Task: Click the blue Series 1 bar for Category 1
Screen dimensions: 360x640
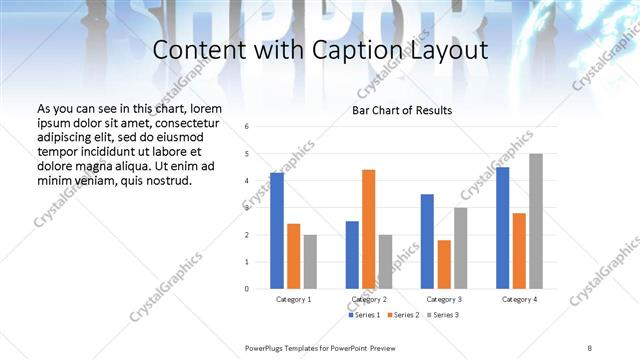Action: click(x=277, y=230)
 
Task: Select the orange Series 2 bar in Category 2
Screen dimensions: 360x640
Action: click(x=368, y=229)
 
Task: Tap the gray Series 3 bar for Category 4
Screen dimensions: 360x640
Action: click(x=536, y=221)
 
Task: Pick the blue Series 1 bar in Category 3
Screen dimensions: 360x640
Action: click(x=427, y=241)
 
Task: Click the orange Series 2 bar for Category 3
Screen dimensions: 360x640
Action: click(x=444, y=264)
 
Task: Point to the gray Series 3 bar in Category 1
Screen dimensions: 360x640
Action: click(x=310, y=261)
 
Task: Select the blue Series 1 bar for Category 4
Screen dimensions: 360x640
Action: click(x=502, y=228)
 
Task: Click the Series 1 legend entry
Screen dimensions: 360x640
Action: click(x=365, y=315)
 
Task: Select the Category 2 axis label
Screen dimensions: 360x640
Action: click(x=368, y=299)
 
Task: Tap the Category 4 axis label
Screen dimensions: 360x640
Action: click(x=519, y=299)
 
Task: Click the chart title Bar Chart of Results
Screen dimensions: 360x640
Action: click(x=402, y=110)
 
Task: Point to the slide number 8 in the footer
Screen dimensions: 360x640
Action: click(x=590, y=347)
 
